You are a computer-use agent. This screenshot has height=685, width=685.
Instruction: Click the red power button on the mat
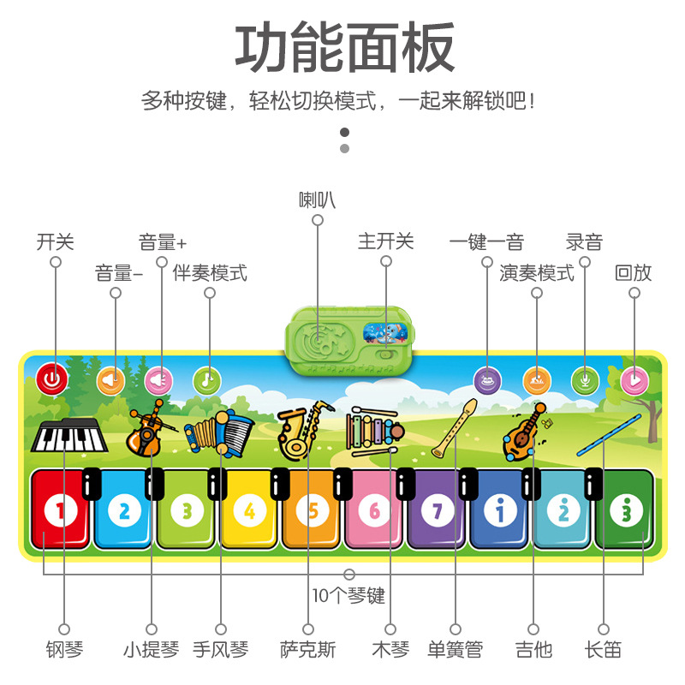tap(52, 378)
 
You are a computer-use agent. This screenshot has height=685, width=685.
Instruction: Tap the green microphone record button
tap(585, 378)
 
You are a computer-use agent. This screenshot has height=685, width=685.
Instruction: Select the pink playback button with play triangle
tap(634, 378)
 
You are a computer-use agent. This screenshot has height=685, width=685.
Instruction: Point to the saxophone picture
tap(301, 428)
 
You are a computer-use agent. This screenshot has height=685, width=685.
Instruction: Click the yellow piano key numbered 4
tap(249, 511)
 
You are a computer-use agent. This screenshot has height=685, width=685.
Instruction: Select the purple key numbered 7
tap(438, 511)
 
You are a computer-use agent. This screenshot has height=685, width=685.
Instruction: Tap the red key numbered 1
tap(61, 511)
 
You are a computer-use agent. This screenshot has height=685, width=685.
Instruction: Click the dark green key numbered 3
tap(626, 511)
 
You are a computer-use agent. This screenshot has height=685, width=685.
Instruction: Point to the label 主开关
tap(385, 241)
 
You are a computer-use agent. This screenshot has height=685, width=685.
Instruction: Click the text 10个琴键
tap(348, 595)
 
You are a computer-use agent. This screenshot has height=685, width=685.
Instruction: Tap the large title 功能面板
tap(344, 49)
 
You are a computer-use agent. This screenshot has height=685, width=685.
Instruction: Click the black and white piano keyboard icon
tap(70, 437)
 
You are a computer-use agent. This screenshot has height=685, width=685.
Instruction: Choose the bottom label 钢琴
tap(64, 650)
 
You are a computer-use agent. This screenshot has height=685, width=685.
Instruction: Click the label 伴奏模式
tap(210, 273)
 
